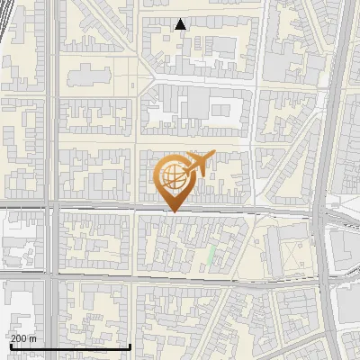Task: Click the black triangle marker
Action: [x=181, y=24]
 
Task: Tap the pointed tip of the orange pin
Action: [x=172, y=211]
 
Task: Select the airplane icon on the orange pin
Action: [x=200, y=165]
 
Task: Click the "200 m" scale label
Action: [x=24, y=339]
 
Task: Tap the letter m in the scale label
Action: [x=33, y=339]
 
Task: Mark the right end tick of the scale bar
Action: [x=130, y=346]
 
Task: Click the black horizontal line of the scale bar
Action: [x=70, y=347]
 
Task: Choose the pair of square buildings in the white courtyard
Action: [x=222, y=111]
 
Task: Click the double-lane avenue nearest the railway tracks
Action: [x=52, y=135]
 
